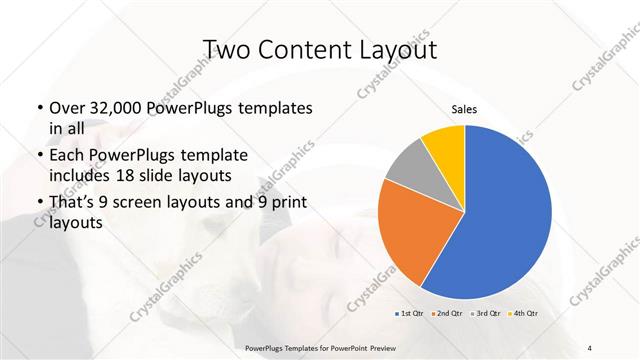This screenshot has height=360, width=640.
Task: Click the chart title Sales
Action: (x=464, y=109)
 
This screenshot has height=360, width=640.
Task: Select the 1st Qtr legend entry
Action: (x=411, y=313)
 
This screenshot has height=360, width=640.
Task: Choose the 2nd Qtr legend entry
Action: (x=447, y=313)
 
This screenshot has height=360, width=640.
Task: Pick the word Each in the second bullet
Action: (x=66, y=156)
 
